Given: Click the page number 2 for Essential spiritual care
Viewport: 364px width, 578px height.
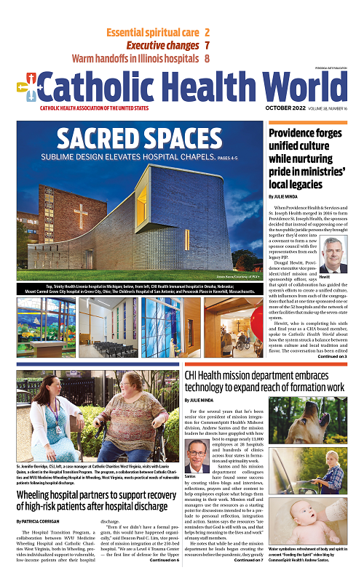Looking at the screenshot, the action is click(x=207, y=33).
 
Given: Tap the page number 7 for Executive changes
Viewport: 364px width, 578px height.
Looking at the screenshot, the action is click(x=207, y=45).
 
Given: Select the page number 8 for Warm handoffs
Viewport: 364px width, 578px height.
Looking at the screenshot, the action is click(x=207, y=58).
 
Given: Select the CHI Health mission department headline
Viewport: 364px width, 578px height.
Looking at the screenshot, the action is click(x=264, y=381).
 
